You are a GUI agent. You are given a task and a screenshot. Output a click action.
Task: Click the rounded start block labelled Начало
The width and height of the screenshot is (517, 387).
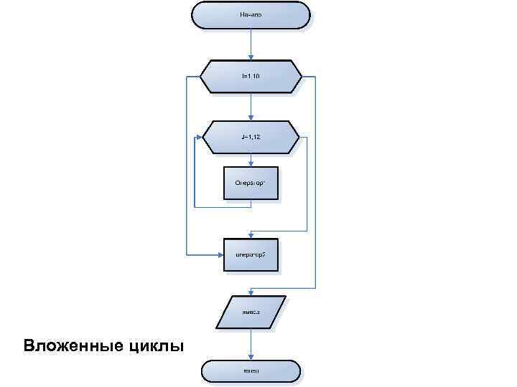251,14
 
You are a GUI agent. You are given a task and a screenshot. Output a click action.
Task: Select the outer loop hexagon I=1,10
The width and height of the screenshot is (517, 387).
251,76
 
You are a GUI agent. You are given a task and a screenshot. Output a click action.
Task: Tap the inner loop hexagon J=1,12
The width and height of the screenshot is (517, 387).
251,136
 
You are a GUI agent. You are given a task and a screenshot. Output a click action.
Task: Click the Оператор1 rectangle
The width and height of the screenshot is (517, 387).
251,184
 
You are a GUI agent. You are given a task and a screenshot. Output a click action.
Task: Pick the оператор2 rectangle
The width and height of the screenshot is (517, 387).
251,254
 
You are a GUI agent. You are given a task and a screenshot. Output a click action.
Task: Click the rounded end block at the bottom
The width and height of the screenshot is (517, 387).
251,371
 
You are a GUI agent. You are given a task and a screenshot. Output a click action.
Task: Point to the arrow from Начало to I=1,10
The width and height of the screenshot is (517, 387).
251,44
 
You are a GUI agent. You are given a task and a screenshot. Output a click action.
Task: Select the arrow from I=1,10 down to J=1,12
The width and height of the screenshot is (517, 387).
251,106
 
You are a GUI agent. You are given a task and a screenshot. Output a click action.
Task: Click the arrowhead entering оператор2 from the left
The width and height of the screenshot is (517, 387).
220,254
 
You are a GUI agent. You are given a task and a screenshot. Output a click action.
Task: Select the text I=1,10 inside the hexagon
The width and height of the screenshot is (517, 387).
251,76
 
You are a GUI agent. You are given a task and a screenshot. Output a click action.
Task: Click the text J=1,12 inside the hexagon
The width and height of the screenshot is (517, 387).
251,136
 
